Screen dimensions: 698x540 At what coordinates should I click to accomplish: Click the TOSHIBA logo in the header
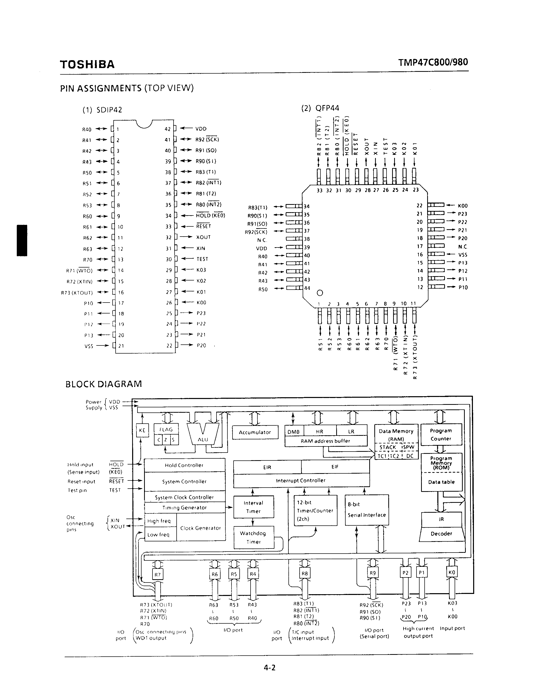87,64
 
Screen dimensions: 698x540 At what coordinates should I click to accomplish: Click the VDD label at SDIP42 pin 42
201,129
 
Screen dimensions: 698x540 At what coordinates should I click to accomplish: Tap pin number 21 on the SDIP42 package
121,346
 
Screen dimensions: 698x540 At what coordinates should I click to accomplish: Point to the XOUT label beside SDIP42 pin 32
204,237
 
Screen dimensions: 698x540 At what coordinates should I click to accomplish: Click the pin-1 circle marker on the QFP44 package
320,293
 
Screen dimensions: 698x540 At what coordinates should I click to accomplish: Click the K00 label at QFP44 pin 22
462,206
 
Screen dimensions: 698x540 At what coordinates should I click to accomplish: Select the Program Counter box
441,435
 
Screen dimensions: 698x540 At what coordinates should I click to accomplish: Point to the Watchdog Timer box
253,537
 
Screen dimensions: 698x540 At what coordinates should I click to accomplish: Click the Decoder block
441,534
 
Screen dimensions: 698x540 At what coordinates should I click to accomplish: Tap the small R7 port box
157,575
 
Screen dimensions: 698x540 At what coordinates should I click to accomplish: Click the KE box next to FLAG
142,430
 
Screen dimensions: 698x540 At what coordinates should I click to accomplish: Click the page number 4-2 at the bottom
269,667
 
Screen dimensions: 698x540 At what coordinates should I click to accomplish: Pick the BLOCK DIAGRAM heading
104,384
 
